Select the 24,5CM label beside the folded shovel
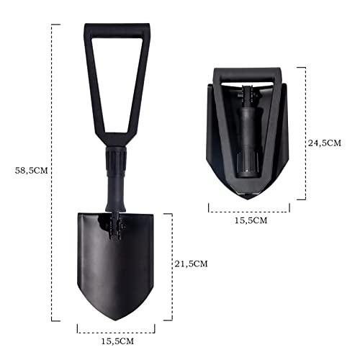[x=325, y=143]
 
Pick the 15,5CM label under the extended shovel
[x=116, y=341]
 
